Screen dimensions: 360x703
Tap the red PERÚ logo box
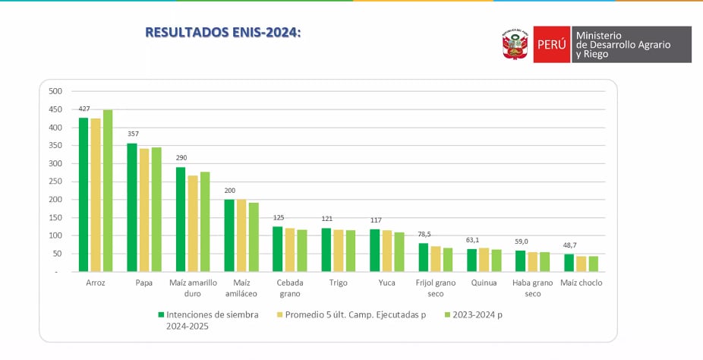[551, 45]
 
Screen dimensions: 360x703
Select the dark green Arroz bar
[84, 194]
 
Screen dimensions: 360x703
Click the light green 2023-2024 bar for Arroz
[108, 191]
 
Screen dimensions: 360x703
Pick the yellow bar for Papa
[143, 210]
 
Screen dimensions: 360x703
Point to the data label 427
[84, 109]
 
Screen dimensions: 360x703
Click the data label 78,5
[424, 235]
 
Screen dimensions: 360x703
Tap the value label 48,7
[569, 245]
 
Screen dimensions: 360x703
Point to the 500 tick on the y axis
[55, 91]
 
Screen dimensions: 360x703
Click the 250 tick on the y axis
[55, 182]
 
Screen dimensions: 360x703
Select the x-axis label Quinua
[484, 283]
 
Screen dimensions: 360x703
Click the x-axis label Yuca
[386, 283]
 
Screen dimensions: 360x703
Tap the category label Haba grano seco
[532, 288]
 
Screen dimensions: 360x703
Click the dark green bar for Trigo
[326, 250]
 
